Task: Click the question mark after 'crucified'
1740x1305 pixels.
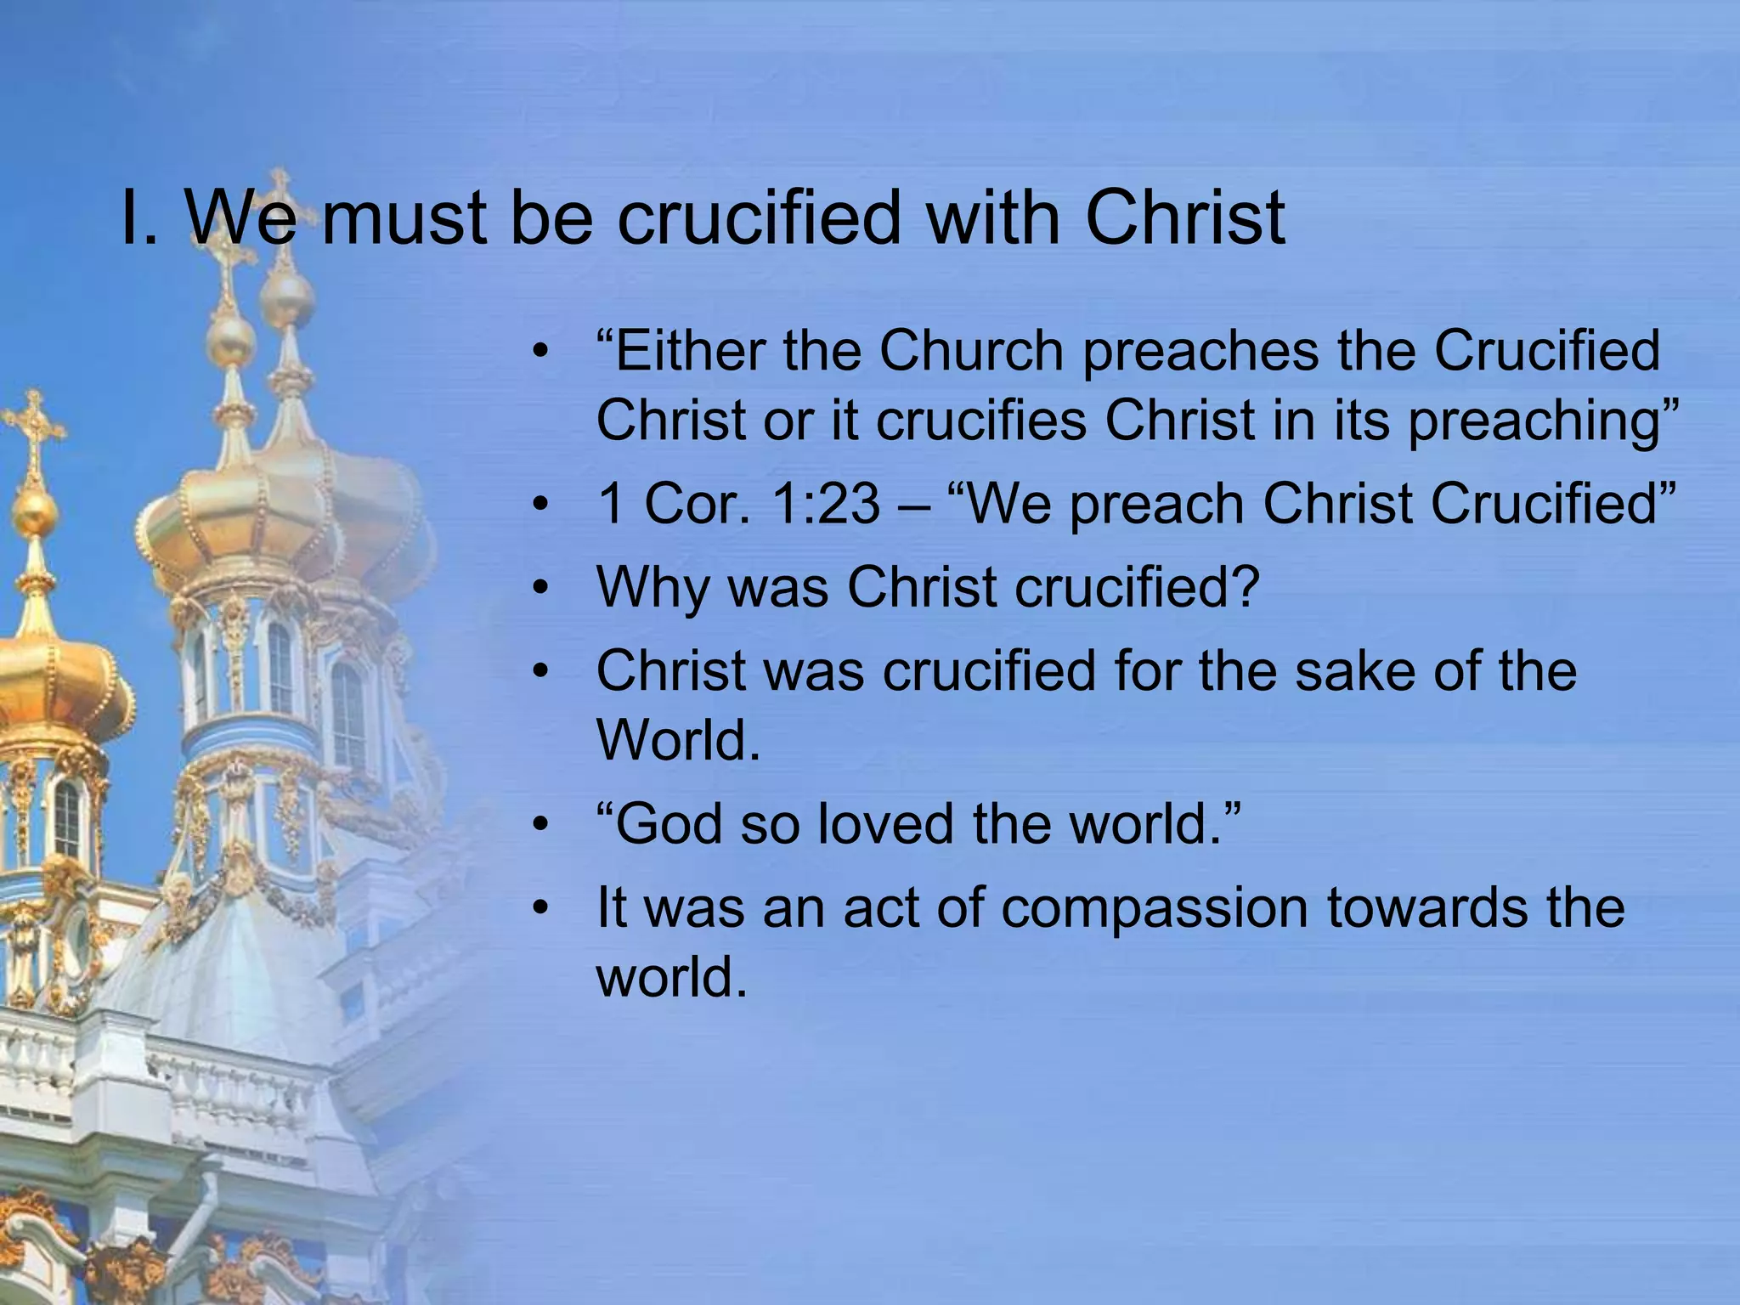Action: click(x=1243, y=586)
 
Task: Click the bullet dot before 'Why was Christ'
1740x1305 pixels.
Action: click(x=540, y=588)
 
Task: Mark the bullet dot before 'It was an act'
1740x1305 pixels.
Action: click(x=540, y=908)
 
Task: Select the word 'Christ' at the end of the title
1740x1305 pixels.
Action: click(x=1184, y=217)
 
